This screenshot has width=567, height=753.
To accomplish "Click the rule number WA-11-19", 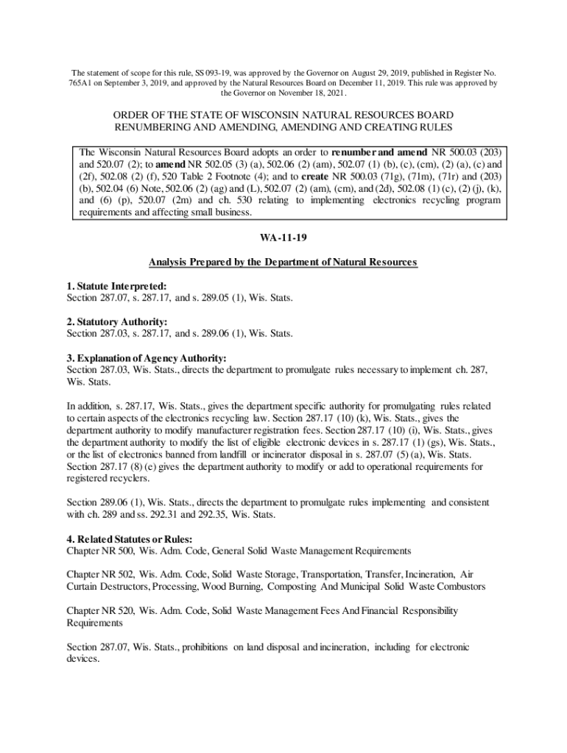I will pyautogui.click(x=283, y=240).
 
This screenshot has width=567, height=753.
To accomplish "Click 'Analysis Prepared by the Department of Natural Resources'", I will pyautogui.click(x=283, y=262).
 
